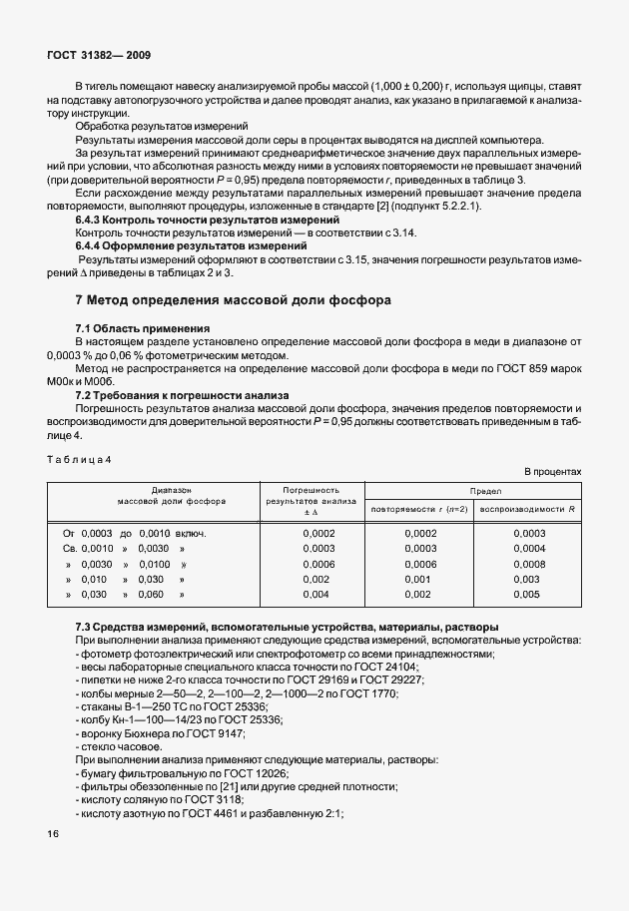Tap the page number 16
(x=53, y=834)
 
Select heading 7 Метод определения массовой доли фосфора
(x=235, y=299)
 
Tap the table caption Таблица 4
(x=79, y=458)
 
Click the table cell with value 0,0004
(x=529, y=548)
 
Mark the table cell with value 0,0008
(x=529, y=564)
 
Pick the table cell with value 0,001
(x=420, y=579)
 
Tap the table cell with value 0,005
(x=529, y=595)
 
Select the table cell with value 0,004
(x=315, y=595)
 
